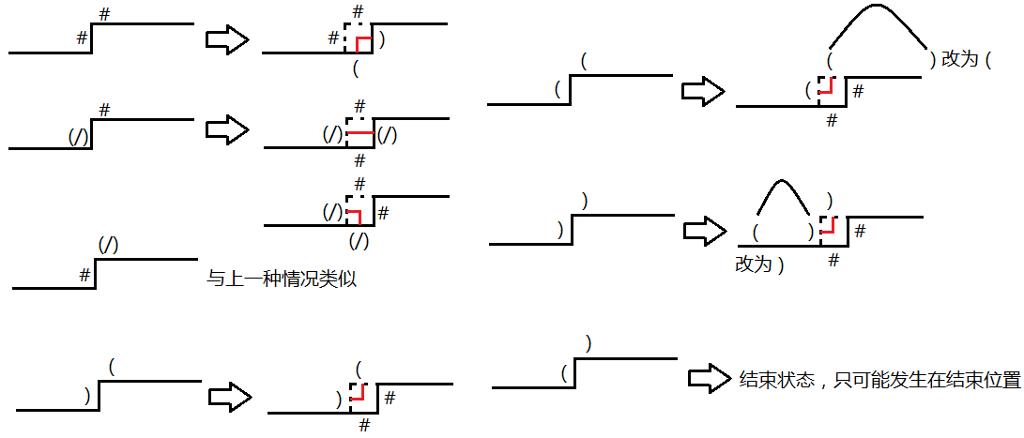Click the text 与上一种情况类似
tap(281, 279)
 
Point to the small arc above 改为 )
tap(783, 192)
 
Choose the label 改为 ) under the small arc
tap(758, 264)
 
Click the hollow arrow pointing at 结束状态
tap(708, 379)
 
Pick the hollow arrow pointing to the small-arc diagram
tap(704, 230)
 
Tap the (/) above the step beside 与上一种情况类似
tap(109, 245)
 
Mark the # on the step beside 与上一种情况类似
tap(84, 275)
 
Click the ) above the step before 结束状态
tap(588, 343)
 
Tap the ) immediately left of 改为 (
tap(932, 60)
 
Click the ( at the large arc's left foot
tap(831, 60)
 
